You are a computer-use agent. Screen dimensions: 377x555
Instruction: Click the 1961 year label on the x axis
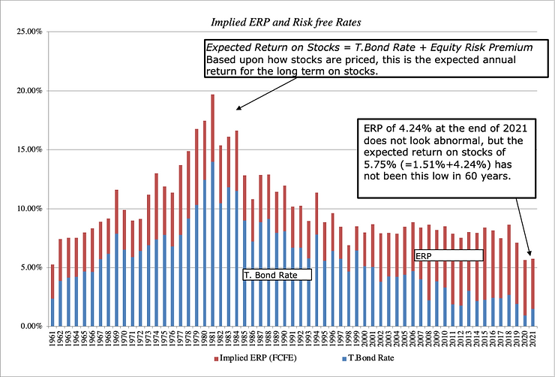[x=52, y=339]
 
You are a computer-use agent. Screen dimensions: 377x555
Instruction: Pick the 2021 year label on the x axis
[x=532, y=339]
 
